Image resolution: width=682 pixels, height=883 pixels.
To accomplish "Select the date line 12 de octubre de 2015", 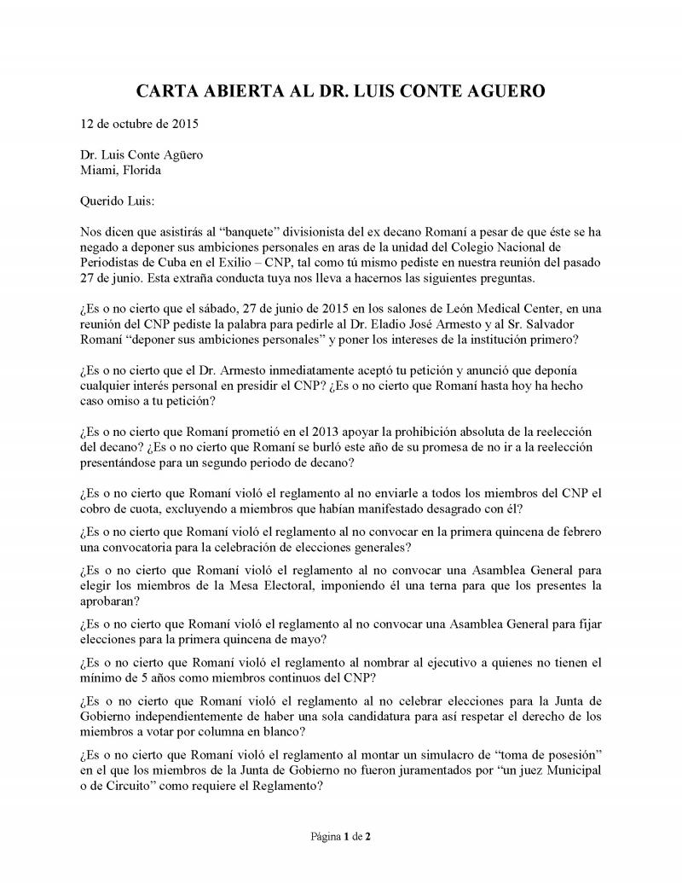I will (x=139, y=124).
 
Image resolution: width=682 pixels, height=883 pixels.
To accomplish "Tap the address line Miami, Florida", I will (x=120, y=170).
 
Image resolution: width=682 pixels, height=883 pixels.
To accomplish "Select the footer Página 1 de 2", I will (x=340, y=837).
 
